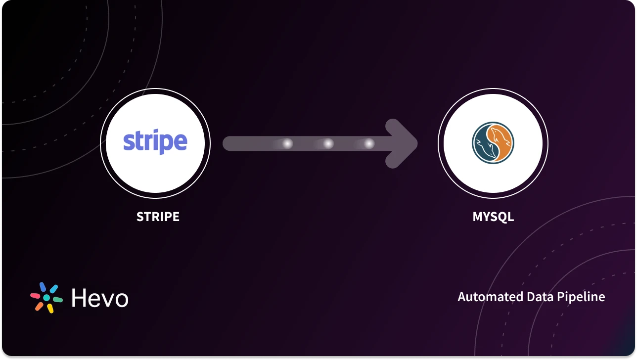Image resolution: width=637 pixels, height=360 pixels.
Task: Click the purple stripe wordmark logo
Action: pyautogui.click(x=155, y=142)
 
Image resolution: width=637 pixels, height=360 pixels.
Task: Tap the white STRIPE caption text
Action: pyautogui.click(x=158, y=217)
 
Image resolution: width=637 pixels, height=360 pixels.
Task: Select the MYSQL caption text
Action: pyautogui.click(x=493, y=217)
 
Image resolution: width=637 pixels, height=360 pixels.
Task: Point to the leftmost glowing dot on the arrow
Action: pyautogui.click(x=287, y=144)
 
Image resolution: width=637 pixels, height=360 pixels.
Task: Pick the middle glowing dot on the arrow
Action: pyautogui.click(x=328, y=144)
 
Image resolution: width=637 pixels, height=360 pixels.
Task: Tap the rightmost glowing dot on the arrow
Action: pyautogui.click(x=368, y=144)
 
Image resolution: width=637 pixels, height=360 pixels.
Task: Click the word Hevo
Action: pyautogui.click(x=100, y=298)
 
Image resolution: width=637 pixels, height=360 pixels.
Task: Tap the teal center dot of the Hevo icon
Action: pyautogui.click(x=46, y=298)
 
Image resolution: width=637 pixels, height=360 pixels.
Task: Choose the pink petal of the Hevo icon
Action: pyautogui.click(x=36, y=295)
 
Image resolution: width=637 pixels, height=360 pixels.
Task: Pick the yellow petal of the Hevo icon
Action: pyautogui.click(x=50, y=308)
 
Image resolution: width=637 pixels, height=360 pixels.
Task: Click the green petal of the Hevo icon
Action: pyautogui.click(x=57, y=300)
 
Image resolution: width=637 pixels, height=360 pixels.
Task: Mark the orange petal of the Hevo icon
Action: pyautogui.click(x=39, y=306)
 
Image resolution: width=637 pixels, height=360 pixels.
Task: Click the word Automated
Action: pyautogui.click(x=484, y=297)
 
